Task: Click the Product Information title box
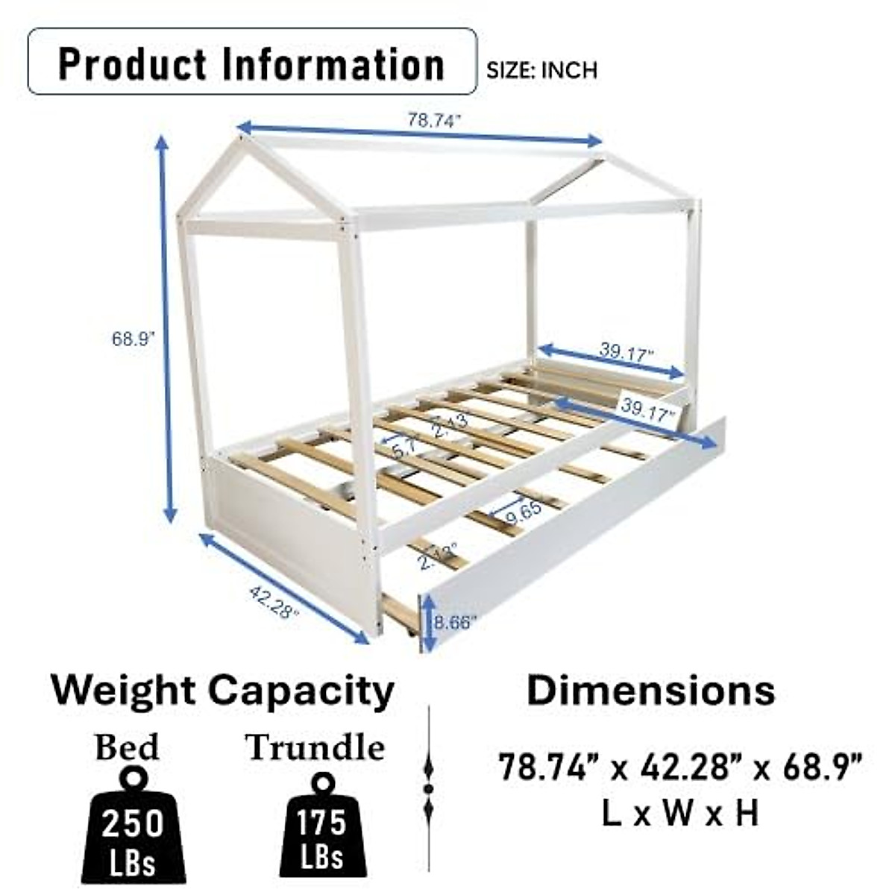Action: [252, 62]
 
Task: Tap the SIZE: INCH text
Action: [541, 70]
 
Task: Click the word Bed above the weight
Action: [127, 747]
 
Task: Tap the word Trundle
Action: [315, 747]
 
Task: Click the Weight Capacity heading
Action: [222, 691]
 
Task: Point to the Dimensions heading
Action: [650, 691]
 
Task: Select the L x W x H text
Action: [679, 813]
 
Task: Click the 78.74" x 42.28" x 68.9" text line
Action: [680, 767]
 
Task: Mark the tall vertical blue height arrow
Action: [166, 328]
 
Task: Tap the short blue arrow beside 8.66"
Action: [428, 622]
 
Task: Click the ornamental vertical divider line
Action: [429, 787]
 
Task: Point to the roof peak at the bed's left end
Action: [242, 142]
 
